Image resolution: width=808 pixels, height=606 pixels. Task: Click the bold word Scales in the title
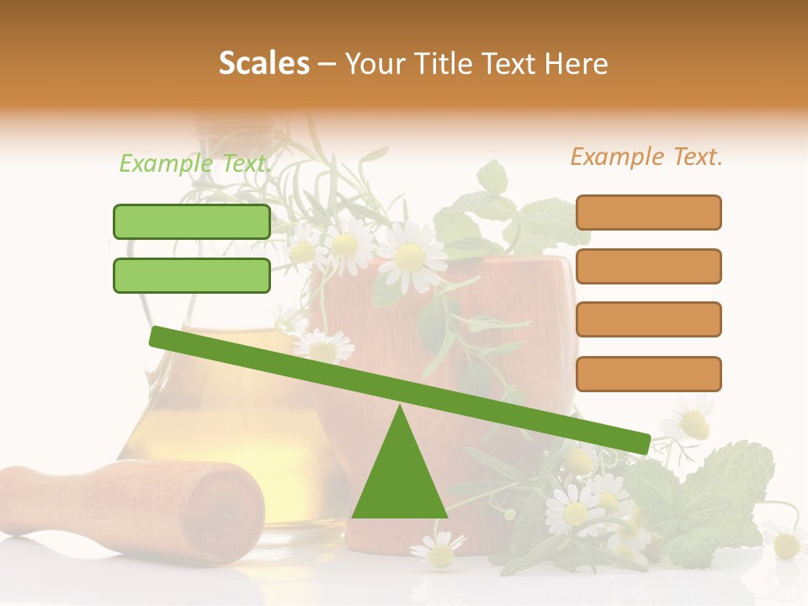coord(263,63)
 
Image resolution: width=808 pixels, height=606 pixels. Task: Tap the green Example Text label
coord(194,163)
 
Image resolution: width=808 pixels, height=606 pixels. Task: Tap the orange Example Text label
coord(646,157)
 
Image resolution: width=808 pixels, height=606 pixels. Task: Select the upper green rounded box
coord(192,221)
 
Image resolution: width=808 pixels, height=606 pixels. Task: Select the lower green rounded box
coord(192,275)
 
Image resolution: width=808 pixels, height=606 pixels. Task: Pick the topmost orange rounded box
coord(648,212)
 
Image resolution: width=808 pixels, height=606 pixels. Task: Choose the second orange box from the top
coord(648,266)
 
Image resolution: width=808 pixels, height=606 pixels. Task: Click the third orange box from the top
coord(648,320)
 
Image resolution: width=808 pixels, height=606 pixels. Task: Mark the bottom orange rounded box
coord(648,374)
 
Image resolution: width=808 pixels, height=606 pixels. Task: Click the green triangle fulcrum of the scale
coord(399,476)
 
